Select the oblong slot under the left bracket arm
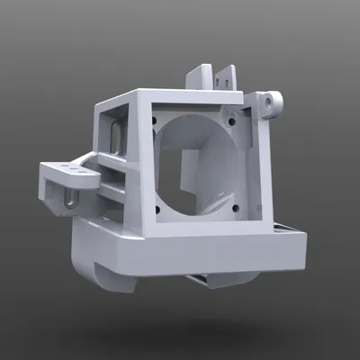tap(65, 196)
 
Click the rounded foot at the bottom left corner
tap(103, 274)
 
